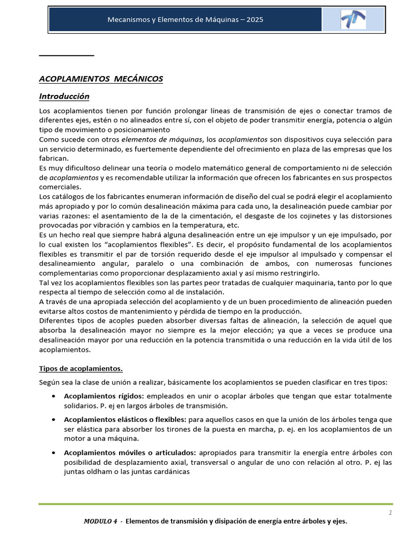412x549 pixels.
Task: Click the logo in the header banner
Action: coord(353,20)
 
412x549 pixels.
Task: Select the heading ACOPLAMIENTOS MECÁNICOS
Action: coord(101,79)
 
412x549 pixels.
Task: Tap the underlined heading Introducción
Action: coord(64,97)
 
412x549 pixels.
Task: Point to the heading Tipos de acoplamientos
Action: coord(80,368)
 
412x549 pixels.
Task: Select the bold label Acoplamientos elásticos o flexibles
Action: coord(125,419)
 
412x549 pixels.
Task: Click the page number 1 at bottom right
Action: coord(391,513)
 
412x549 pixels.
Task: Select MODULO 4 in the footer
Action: coord(101,521)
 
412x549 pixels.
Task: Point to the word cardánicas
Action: coord(172,472)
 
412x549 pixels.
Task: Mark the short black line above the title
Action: coord(67,55)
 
